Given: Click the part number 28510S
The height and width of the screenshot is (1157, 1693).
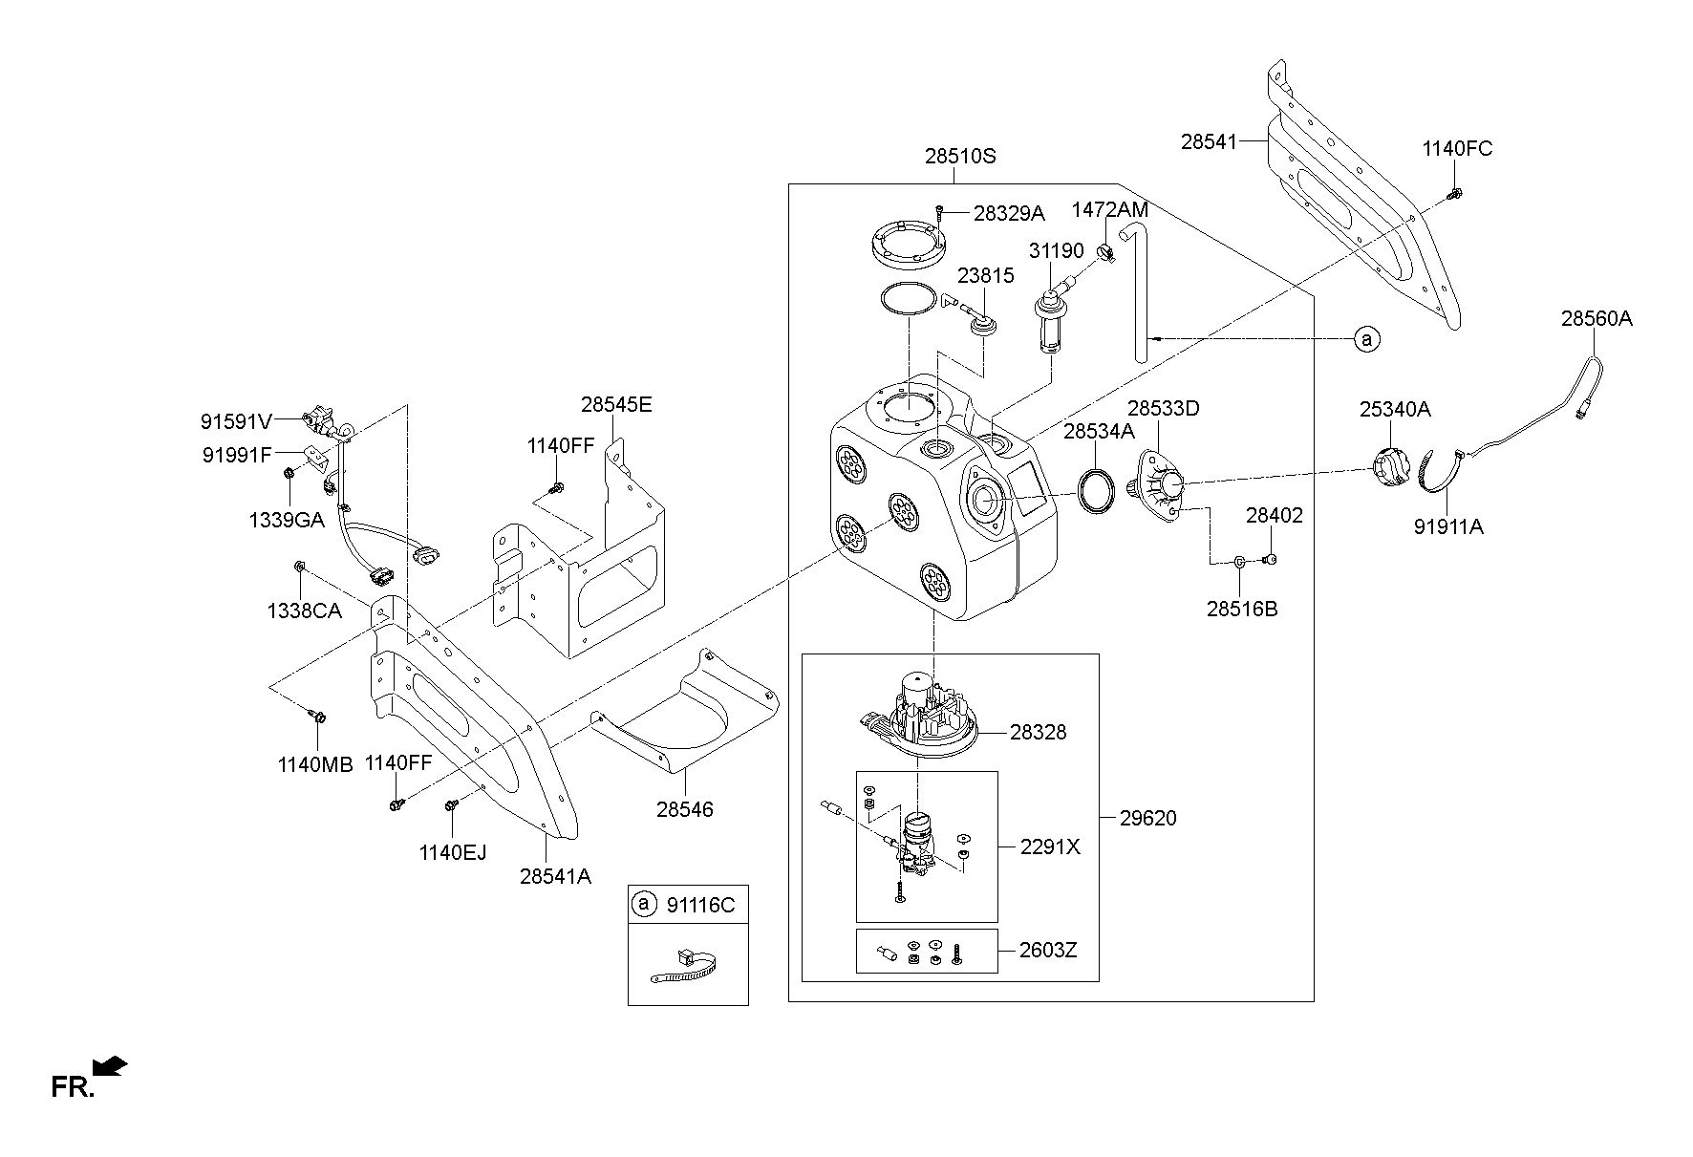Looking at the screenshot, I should (x=959, y=156).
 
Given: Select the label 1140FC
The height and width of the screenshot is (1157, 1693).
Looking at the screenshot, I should (x=1456, y=149).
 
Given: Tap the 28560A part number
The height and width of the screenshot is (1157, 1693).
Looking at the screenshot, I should (x=1597, y=319).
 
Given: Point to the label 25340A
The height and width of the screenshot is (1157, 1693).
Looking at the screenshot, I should (x=1395, y=410).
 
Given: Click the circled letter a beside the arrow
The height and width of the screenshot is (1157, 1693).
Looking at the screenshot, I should (x=1367, y=338).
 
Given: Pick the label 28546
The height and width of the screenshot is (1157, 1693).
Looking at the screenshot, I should (x=685, y=809).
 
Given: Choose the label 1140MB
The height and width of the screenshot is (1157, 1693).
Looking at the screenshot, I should (x=315, y=764).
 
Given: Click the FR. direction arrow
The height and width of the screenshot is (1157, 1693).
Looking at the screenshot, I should (x=110, y=1066).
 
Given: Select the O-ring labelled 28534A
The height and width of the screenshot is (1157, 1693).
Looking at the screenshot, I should (x=1096, y=491).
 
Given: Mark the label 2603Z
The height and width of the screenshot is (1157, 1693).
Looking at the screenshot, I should (x=1048, y=951).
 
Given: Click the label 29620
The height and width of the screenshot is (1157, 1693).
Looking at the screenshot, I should (x=1147, y=818).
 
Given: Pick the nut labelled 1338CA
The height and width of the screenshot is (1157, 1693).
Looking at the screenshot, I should (x=299, y=567).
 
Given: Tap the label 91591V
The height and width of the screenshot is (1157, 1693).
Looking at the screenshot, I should (x=237, y=420).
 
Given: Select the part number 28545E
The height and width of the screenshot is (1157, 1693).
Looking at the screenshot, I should (x=616, y=405).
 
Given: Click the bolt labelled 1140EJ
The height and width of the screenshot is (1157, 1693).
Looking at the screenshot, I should (x=450, y=807).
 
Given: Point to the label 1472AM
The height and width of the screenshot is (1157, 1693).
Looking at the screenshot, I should (x=1109, y=209).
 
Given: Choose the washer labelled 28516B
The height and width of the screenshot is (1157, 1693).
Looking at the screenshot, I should (x=1239, y=562).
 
